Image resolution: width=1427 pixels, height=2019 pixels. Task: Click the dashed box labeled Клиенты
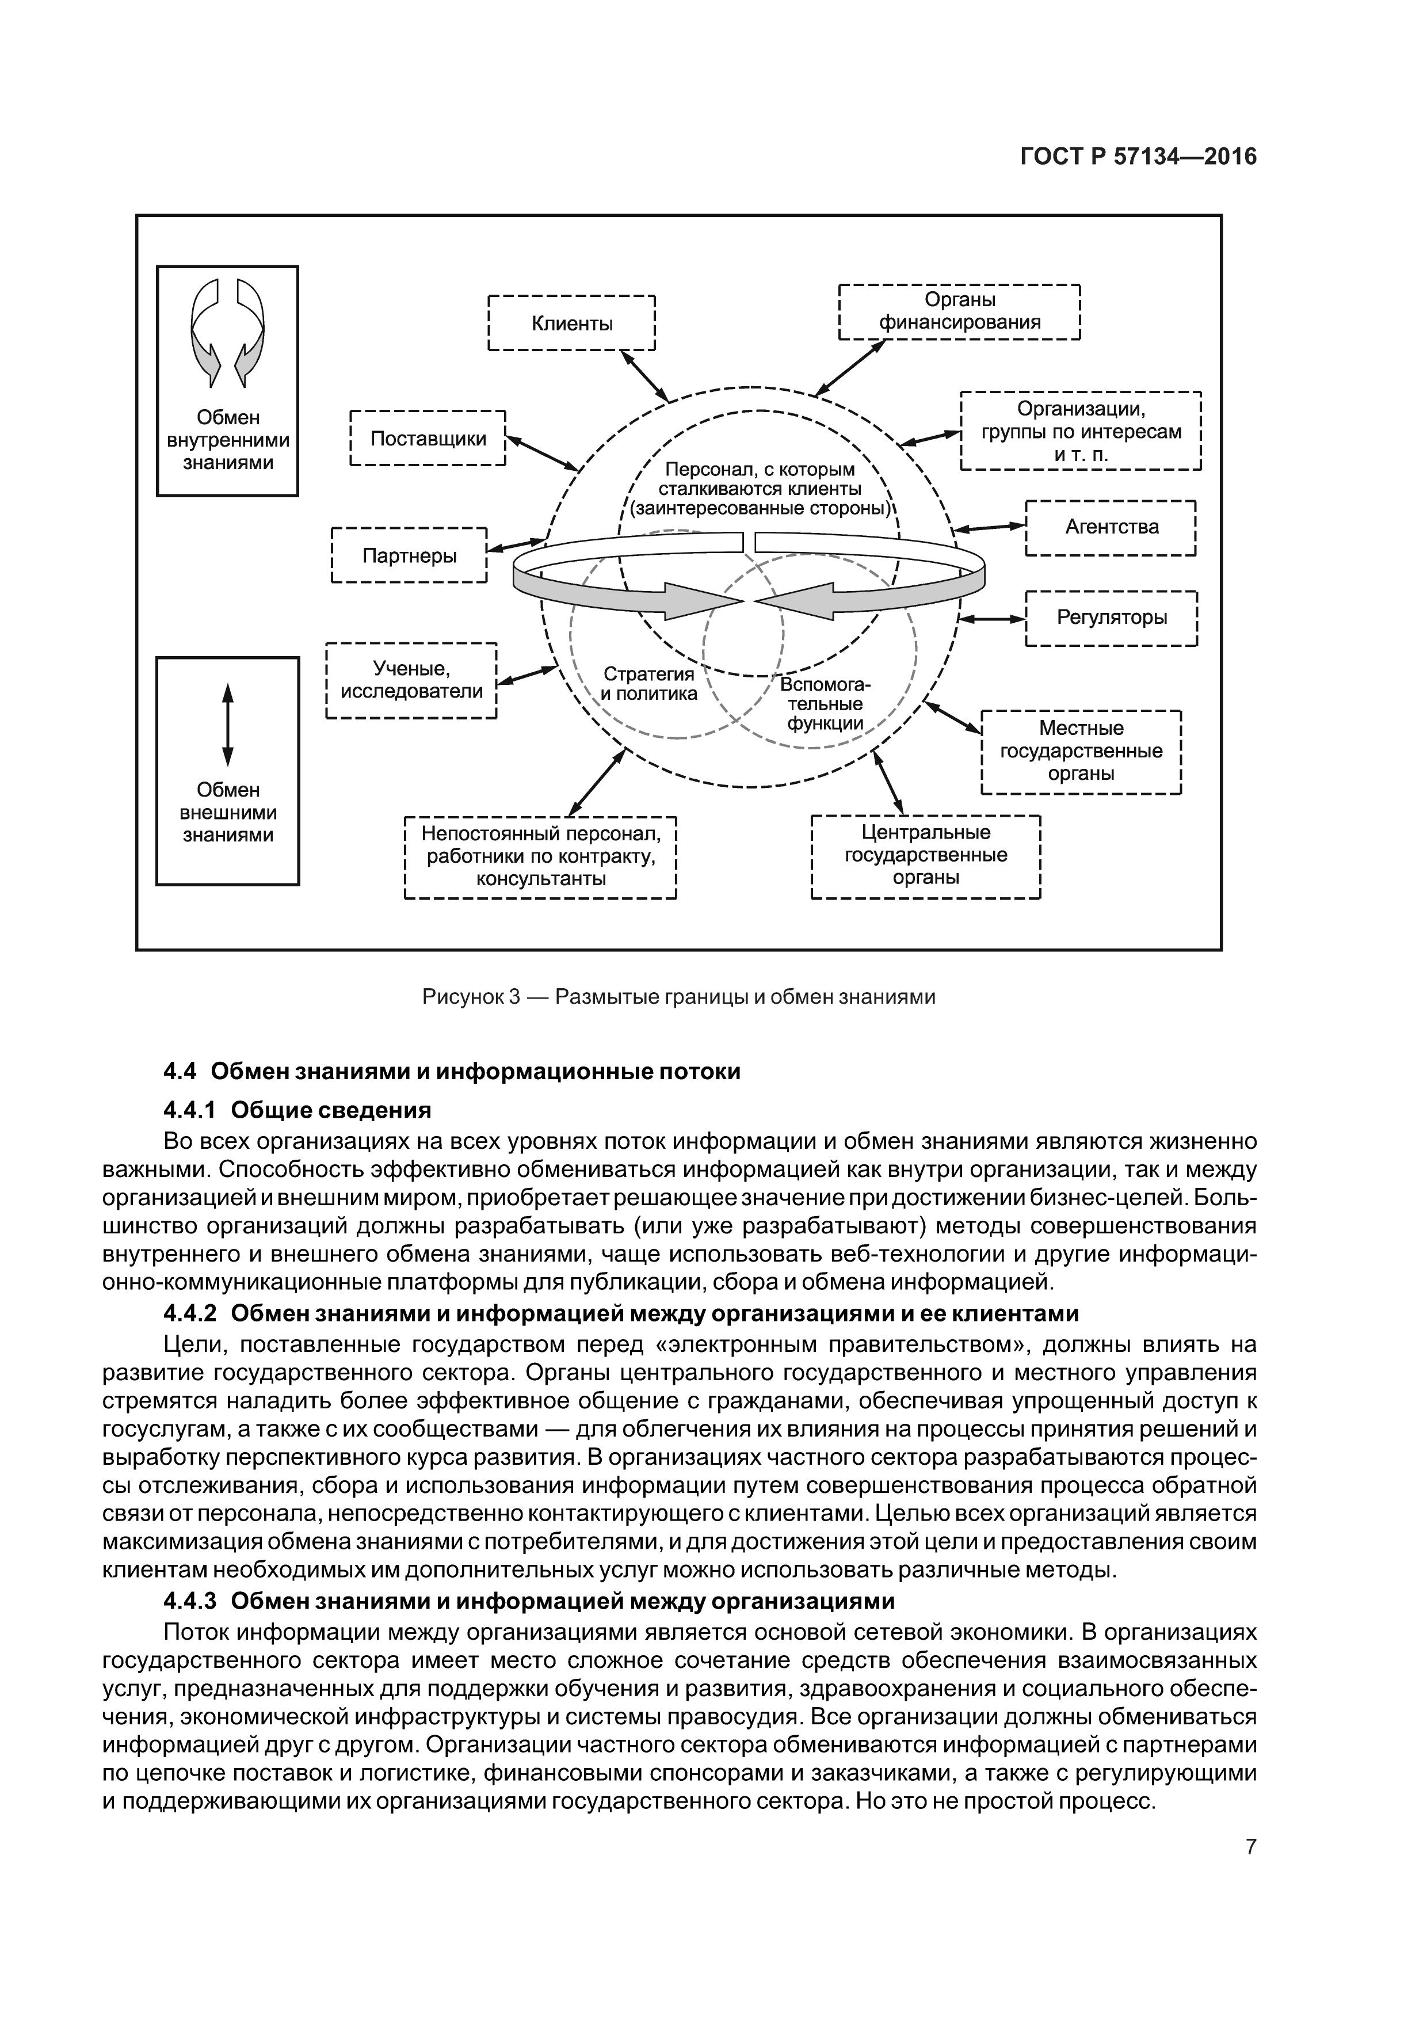pos(571,323)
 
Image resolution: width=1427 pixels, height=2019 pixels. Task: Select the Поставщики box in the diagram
pos(428,438)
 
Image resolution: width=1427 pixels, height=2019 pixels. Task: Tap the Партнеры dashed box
pos(410,555)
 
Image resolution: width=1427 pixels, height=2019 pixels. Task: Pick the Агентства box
pos(1111,528)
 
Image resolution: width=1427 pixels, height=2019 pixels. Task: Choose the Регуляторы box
pos(1111,618)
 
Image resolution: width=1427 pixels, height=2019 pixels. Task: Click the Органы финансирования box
pos(959,311)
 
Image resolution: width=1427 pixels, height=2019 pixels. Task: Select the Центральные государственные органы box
pos(926,856)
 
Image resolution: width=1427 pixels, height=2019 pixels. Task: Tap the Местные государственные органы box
pos(1081,751)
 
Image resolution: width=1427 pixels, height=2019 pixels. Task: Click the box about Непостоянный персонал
pos(540,856)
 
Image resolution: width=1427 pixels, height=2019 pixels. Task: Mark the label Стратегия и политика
pos(649,683)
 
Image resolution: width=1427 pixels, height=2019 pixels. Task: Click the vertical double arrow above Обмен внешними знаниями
pos(228,725)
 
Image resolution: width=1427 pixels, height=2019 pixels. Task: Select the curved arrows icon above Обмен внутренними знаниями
pos(228,332)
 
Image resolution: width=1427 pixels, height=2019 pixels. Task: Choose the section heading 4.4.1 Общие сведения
pos(297,1110)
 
